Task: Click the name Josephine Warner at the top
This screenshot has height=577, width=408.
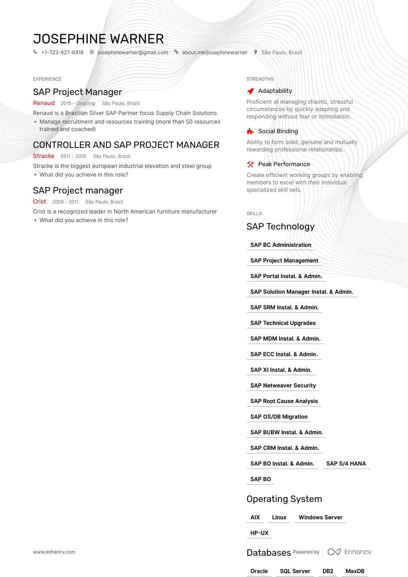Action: (98, 39)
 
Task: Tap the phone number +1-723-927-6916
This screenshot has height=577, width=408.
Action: (62, 52)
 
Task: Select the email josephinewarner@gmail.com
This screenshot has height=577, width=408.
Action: (132, 52)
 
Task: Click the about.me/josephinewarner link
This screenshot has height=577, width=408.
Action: (214, 52)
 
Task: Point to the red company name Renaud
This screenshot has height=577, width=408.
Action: (44, 103)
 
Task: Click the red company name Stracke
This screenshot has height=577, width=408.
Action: (44, 156)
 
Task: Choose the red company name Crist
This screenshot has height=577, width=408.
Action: (39, 202)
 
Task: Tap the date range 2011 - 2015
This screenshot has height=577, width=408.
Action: (73, 156)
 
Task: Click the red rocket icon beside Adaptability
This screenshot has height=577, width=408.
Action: (250, 91)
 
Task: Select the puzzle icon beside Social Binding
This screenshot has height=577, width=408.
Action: (250, 131)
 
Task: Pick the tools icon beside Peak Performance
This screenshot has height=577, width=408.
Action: (250, 164)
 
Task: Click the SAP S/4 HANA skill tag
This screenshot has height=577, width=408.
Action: (346, 464)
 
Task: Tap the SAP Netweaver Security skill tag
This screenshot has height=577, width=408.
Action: (283, 386)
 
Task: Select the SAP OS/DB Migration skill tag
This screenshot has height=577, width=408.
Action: (279, 417)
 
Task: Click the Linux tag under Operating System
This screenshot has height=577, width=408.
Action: (279, 518)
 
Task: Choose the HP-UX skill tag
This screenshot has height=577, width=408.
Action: (259, 533)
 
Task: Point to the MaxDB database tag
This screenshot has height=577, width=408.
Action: (355, 571)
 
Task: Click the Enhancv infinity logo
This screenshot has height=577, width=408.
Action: (334, 552)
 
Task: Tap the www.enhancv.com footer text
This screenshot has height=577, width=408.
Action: (54, 552)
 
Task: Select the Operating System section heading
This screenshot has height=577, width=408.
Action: (284, 499)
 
